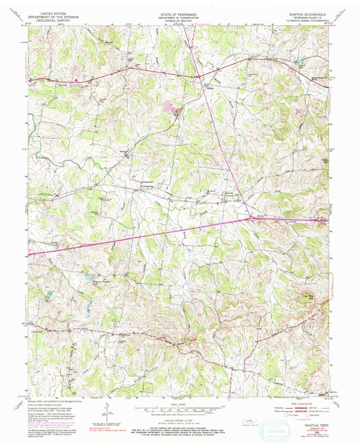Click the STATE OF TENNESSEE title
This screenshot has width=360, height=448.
click(x=179, y=13)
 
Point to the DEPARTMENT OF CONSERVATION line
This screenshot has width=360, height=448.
click(x=179, y=16)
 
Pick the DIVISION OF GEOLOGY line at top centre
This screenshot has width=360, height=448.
click(x=179, y=20)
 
